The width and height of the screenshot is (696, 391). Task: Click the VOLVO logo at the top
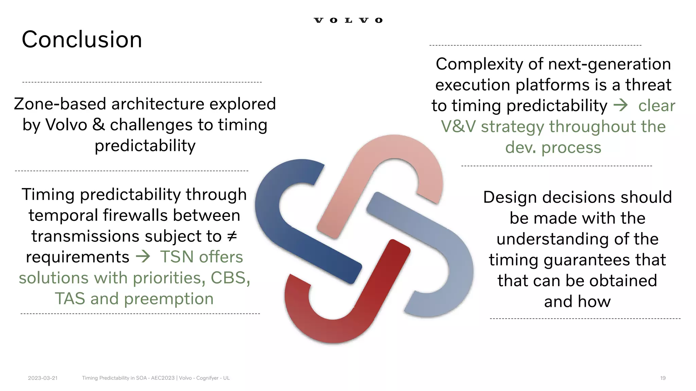point(348,20)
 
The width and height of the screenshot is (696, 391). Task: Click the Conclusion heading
point(82,39)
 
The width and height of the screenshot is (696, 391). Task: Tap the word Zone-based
point(60,104)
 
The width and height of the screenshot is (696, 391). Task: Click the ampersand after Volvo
point(99,125)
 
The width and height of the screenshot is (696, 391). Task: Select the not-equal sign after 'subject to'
point(232,236)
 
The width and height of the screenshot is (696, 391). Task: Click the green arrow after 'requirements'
point(143,257)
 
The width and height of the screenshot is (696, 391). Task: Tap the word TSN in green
point(177,257)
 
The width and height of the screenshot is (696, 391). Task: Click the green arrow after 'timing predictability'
point(621,105)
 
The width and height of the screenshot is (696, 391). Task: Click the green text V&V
point(458,127)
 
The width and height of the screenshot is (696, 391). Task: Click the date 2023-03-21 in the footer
point(43,378)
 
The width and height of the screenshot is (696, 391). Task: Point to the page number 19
point(663,378)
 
